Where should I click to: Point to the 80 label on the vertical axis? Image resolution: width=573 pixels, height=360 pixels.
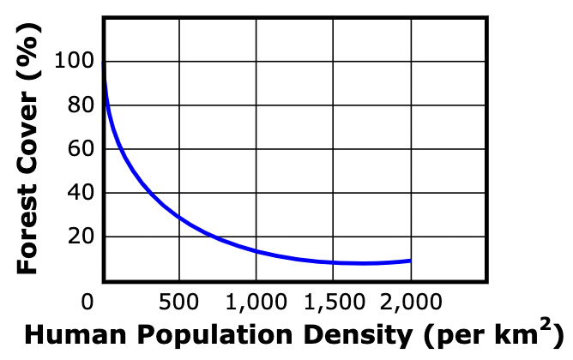(80, 105)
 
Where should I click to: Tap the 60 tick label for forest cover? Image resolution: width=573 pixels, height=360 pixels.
(80, 149)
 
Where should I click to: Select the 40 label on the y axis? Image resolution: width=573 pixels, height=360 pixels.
(80, 193)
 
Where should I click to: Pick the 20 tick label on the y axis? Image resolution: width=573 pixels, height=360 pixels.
(80, 237)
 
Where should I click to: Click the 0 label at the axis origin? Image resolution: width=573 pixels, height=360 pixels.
(87, 301)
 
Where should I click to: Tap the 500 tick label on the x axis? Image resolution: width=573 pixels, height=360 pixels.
(178, 301)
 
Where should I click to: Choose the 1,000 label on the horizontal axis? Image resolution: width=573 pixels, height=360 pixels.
(256, 301)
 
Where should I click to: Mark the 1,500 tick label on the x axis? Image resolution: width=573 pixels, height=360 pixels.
(334, 301)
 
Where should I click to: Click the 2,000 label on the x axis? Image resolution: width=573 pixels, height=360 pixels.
(411, 301)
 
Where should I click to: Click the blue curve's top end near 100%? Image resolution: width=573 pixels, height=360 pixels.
(104, 64)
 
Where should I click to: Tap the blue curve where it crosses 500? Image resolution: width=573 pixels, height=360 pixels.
(178, 216)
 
